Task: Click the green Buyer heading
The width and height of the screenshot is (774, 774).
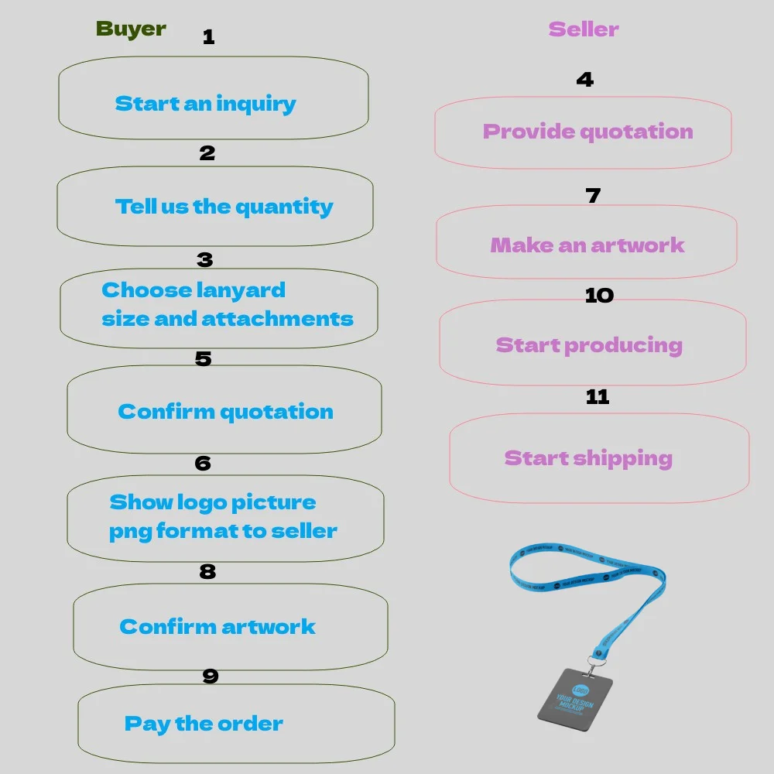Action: click(131, 29)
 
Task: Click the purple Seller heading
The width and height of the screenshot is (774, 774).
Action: click(584, 29)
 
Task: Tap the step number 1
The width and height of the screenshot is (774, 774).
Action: click(208, 37)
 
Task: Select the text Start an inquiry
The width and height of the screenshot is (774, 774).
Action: click(205, 104)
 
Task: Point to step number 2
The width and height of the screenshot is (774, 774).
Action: click(207, 153)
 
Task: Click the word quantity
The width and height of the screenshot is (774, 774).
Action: click(284, 207)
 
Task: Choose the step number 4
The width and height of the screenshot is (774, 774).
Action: click(585, 79)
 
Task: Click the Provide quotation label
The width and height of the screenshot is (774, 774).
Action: click(587, 132)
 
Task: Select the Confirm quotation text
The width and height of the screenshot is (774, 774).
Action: click(225, 412)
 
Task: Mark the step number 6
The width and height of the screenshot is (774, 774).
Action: click(203, 463)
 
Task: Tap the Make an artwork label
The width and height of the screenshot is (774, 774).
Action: click(587, 245)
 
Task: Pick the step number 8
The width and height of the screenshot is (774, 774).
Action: click(207, 572)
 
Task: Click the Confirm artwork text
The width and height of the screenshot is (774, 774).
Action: click(217, 626)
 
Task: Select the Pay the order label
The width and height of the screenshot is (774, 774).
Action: click(204, 724)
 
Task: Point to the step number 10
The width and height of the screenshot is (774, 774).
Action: click(599, 295)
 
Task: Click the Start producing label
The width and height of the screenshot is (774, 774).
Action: click(589, 345)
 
